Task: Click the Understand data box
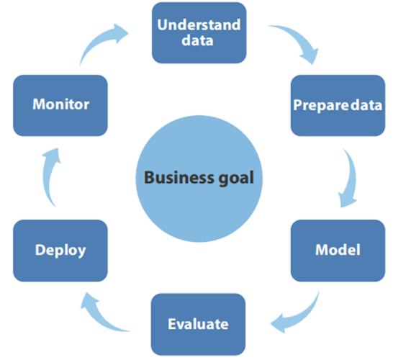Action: coord(199,33)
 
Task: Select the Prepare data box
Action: coord(338,105)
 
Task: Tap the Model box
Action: coord(338,251)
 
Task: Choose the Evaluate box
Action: coord(198,324)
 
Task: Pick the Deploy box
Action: coord(60,251)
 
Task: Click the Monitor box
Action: coord(60,105)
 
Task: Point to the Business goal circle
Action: coord(199,179)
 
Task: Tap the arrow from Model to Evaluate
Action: coord(301,317)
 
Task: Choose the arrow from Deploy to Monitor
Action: coord(48,176)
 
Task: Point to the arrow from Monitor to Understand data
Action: coord(100,40)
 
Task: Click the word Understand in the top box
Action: coord(199,24)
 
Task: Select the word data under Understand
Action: coord(197,40)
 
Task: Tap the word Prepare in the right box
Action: coord(321,105)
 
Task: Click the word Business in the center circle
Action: coord(179,178)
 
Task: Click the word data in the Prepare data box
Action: coord(366,105)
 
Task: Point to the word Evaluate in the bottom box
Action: coord(198,324)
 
